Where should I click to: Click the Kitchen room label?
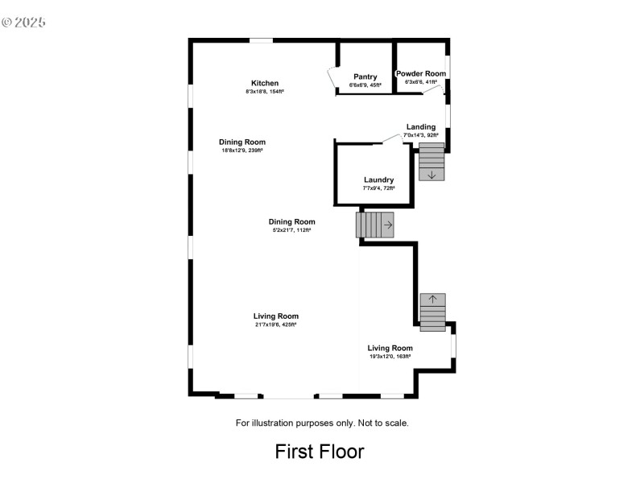click(265, 84)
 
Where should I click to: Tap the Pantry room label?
click(365, 77)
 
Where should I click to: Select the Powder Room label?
click(421, 73)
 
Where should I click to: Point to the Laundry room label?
click(378, 180)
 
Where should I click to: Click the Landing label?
click(421, 126)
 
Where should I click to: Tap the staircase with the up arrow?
click(432, 312)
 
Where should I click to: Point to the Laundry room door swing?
click(392, 139)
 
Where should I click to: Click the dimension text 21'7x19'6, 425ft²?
click(275, 324)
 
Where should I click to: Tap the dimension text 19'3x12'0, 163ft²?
click(390, 356)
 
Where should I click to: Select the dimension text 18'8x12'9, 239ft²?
click(242, 151)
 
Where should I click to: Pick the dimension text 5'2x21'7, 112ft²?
click(291, 230)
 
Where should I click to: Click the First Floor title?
click(320, 452)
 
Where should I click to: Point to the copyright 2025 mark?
click(23, 22)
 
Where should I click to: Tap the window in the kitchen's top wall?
click(261, 39)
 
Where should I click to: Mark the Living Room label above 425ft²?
click(276, 316)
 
